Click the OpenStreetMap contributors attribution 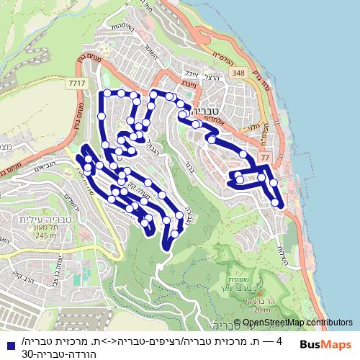tap(297, 322)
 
